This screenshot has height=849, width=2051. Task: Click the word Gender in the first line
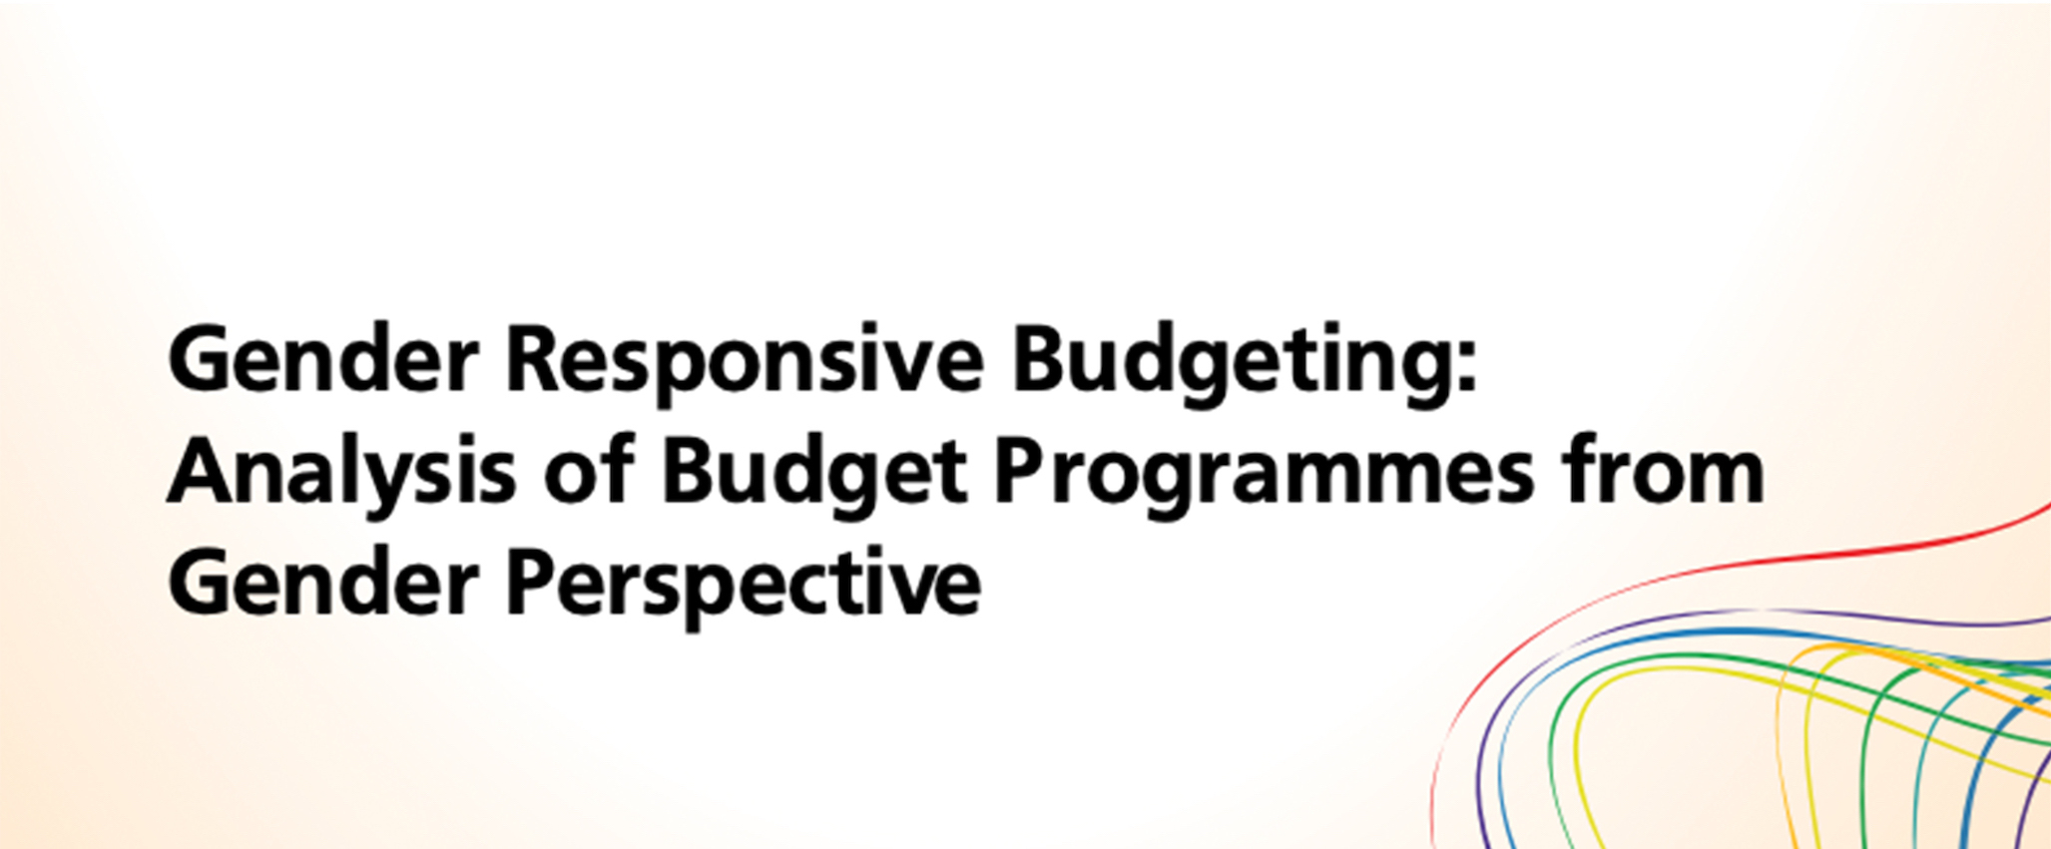click(323, 361)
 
